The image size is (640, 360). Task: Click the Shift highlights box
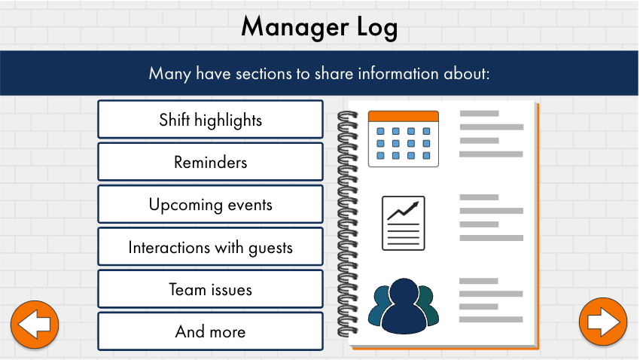pyautogui.click(x=210, y=120)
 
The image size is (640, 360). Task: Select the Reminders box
pyautogui.click(x=210, y=162)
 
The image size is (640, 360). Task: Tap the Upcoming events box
pyautogui.click(x=210, y=205)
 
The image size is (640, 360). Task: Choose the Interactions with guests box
pyautogui.click(x=210, y=247)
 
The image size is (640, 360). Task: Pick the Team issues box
pyautogui.click(x=210, y=289)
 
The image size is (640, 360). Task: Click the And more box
pyautogui.click(x=210, y=331)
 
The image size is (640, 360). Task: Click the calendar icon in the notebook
pyautogui.click(x=404, y=139)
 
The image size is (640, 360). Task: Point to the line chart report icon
pyautogui.click(x=404, y=223)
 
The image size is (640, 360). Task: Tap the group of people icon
pyautogui.click(x=404, y=306)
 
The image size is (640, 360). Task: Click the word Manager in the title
pyautogui.click(x=295, y=28)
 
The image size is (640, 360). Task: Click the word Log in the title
pyautogui.click(x=377, y=28)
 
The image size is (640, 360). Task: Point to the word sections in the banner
pyautogui.click(x=264, y=74)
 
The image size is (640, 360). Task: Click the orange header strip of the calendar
pyautogui.click(x=404, y=116)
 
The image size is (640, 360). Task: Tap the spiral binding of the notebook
pyautogui.click(x=348, y=224)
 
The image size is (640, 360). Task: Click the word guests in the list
pyautogui.click(x=270, y=249)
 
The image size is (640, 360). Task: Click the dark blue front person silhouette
pyautogui.click(x=404, y=306)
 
